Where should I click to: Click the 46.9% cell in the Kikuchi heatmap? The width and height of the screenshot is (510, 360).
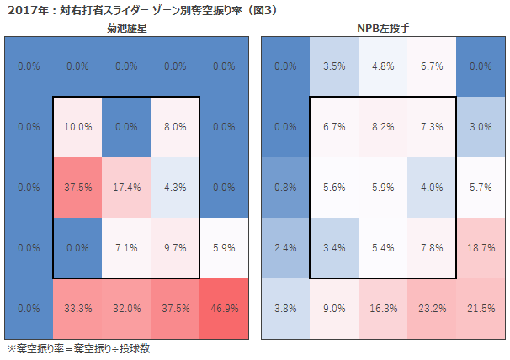click(x=224, y=309)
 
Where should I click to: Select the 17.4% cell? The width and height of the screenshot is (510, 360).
click(x=126, y=188)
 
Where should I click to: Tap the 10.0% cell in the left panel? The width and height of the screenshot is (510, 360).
click(x=77, y=127)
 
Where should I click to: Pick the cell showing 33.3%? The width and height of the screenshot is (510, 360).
click(x=77, y=309)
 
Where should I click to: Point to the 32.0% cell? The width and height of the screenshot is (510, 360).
click(x=126, y=309)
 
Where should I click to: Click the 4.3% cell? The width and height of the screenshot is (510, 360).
click(x=175, y=188)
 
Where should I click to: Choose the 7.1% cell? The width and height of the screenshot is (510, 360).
click(x=126, y=248)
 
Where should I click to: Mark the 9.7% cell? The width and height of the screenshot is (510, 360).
click(x=175, y=248)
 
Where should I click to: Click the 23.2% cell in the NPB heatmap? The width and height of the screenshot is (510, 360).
click(x=433, y=309)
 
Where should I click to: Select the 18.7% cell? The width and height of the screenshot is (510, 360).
click(x=481, y=248)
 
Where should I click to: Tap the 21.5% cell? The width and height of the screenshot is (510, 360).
click(x=481, y=309)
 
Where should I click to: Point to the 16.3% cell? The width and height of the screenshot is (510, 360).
click(x=384, y=309)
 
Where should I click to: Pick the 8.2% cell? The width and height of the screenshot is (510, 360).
click(x=384, y=127)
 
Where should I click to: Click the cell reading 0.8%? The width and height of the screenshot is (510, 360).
click(x=286, y=188)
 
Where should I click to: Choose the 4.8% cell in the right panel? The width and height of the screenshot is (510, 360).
click(x=384, y=66)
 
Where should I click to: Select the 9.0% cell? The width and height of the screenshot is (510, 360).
click(x=335, y=309)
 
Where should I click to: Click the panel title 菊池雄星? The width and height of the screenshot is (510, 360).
click(x=127, y=29)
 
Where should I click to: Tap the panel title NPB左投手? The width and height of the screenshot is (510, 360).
click(x=384, y=29)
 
